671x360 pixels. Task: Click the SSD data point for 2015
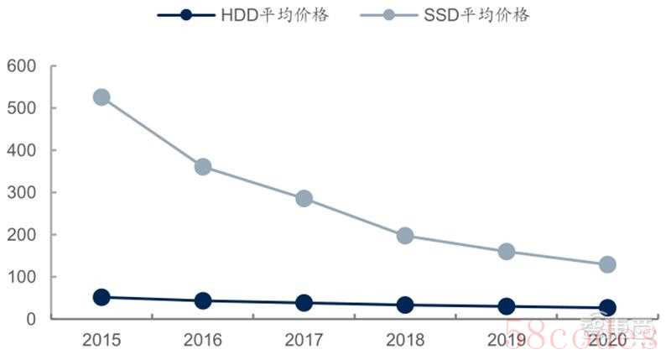(101, 97)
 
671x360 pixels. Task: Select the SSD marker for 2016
(202, 167)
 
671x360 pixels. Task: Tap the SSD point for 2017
(304, 199)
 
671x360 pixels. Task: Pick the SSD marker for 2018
(405, 236)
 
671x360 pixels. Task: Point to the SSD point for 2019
(506, 252)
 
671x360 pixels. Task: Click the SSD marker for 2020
(607, 264)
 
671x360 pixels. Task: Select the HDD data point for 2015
(101, 297)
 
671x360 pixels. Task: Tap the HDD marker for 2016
(202, 300)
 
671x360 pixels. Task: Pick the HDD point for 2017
(304, 303)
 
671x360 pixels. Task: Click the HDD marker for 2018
(405, 305)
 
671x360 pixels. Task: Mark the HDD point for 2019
(506, 307)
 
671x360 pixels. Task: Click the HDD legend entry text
(273, 15)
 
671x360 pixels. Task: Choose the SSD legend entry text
(476, 15)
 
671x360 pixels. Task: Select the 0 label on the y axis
(32, 319)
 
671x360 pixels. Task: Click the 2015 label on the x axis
(101, 340)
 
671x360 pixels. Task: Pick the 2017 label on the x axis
(304, 340)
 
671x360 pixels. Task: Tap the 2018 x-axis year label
(405, 340)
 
